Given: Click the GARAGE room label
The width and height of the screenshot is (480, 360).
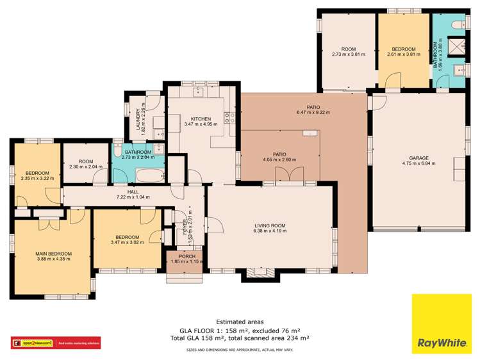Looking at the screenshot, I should click(420, 158).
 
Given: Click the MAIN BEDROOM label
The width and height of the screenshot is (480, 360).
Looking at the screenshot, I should click(53, 254).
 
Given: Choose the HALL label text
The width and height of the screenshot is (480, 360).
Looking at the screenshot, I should click(133, 191).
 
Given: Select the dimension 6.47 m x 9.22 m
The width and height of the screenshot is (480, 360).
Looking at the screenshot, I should click(314, 113).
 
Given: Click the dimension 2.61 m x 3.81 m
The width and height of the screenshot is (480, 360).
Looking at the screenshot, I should click(404, 54).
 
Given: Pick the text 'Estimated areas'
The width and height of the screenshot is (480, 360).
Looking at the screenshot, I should click(240, 322).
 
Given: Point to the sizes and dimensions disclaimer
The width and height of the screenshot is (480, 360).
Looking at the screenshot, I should click(240, 350).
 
